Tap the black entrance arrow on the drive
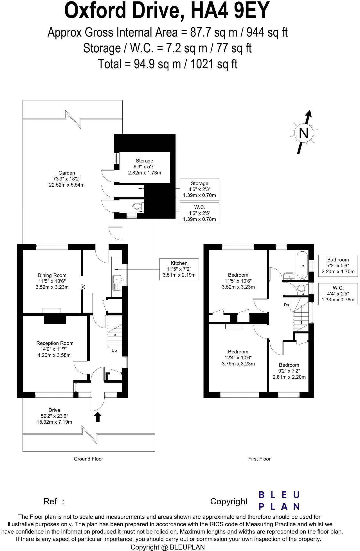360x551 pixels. point(98,417)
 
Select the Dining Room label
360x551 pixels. point(52,281)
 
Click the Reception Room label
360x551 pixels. point(55,349)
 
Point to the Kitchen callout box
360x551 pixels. point(179,269)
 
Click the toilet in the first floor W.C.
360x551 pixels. point(301,288)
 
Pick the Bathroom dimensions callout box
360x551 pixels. point(338,266)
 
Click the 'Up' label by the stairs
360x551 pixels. point(114,351)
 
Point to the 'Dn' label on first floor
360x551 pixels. point(286,305)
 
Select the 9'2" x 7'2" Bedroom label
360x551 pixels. point(289,371)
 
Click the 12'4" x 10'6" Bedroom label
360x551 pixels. point(238,358)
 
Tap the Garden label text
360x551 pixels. point(67,179)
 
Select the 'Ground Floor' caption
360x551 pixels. point(88,459)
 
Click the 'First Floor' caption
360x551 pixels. point(259,459)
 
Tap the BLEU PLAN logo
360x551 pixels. point(279,500)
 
